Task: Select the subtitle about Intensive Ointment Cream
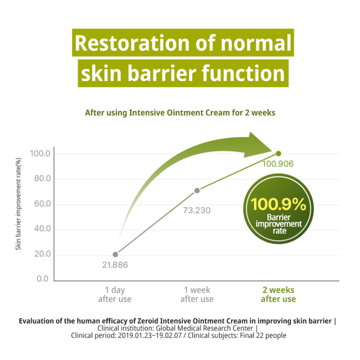click(180, 112)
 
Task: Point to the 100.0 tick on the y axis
click(40, 154)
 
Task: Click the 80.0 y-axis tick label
click(41, 179)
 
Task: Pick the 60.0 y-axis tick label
click(41, 204)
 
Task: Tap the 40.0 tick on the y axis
click(41, 230)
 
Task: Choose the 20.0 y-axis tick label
click(41, 255)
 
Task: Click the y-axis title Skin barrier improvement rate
click(18, 204)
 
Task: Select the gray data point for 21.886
click(115, 254)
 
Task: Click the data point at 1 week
click(197, 191)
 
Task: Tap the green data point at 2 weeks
click(278, 154)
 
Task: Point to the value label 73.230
click(197, 211)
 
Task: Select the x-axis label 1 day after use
click(115, 294)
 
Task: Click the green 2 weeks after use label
click(278, 294)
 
